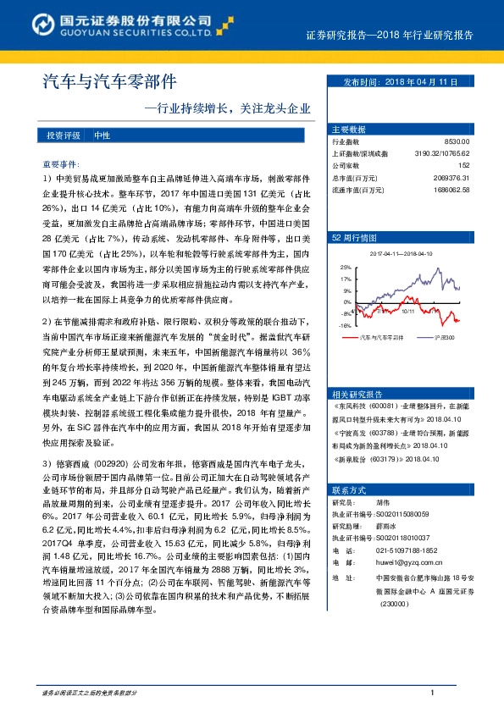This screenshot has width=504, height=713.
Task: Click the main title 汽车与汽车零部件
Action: pyautogui.click(x=109, y=81)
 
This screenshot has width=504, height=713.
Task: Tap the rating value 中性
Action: pyautogui.click(x=101, y=135)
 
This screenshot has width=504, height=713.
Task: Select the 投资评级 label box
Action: pyautogui.click(x=63, y=135)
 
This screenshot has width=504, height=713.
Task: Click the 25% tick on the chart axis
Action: pyautogui.click(x=346, y=266)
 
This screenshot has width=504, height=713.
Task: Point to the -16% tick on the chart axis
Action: pyautogui.click(x=345, y=325)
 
